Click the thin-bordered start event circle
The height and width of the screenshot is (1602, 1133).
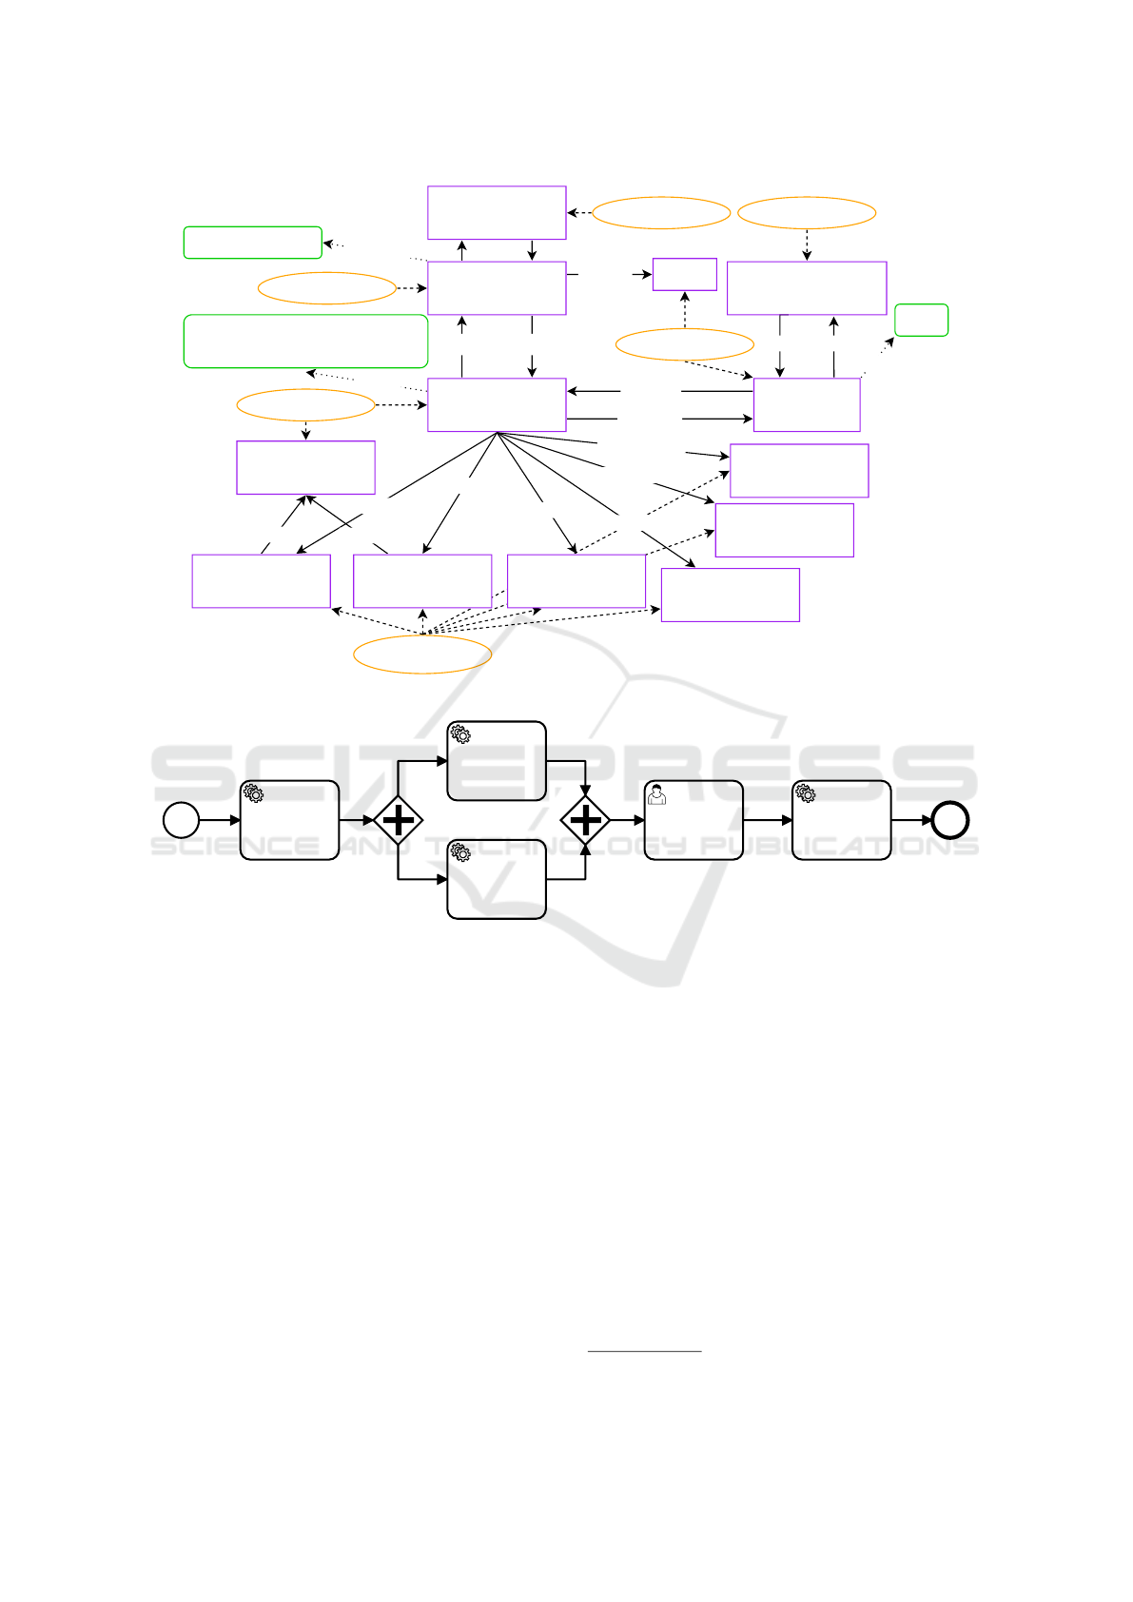pos(181,820)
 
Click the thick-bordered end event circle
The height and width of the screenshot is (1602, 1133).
pos(950,820)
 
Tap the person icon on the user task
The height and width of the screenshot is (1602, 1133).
pos(655,794)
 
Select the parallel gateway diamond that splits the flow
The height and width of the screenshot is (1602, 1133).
pos(399,820)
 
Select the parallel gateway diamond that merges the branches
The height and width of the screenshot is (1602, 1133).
pos(585,820)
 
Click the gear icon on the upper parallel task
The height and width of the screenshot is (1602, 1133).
pos(460,733)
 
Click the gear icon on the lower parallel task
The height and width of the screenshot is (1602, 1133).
pos(460,851)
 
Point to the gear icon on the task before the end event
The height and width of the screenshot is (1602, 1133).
pos(806,793)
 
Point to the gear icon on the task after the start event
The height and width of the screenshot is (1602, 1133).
pos(253,793)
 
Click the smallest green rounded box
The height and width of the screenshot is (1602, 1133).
pos(921,320)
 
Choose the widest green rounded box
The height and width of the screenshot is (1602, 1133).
pos(305,342)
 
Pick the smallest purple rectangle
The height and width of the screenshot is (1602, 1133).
pos(685,274)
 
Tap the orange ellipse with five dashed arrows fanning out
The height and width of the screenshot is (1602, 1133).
pos(422,654)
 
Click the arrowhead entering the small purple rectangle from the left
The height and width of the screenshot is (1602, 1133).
pos(647,274)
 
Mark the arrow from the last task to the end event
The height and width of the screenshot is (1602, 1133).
pos(911,820)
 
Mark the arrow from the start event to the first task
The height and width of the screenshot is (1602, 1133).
pos(220,820)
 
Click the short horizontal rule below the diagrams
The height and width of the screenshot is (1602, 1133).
pos(644,1351)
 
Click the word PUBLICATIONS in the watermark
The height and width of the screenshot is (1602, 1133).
pos(839,846)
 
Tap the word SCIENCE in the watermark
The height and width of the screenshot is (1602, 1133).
pos(235,846)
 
